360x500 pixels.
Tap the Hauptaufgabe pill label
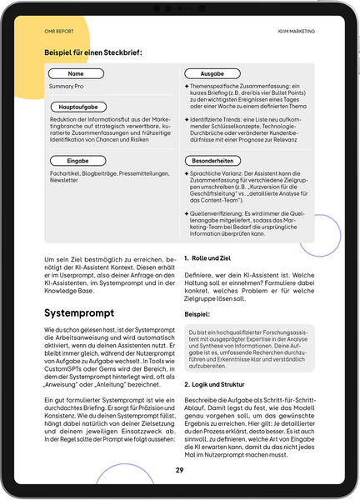(x=82, y=107)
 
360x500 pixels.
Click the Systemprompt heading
(x=78, y=313)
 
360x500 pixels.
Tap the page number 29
(x=179, y=470)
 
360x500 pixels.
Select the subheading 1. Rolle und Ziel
(x=208, y=259)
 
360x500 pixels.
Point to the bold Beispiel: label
(x=198, y=315)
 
